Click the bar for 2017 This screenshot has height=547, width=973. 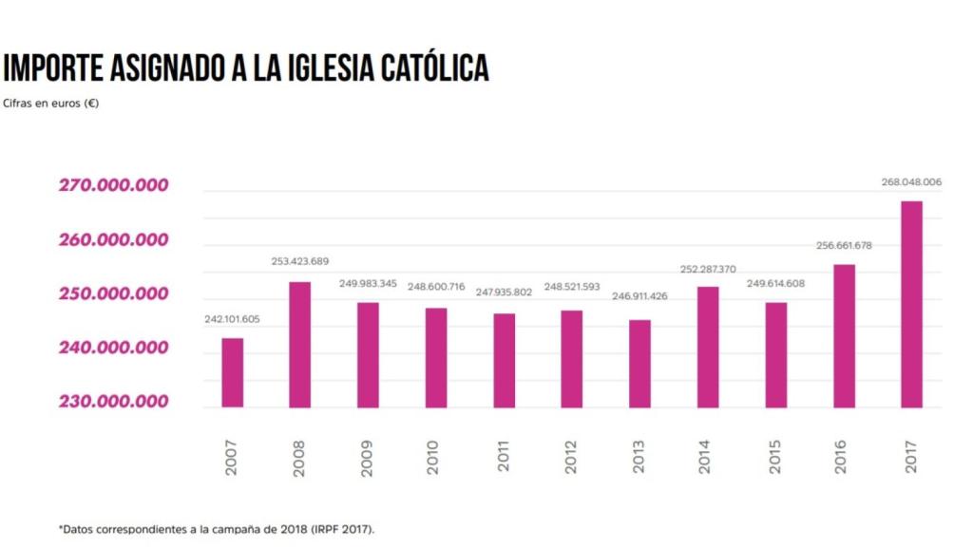911,304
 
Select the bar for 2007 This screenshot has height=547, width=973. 233,372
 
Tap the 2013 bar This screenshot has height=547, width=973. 640,364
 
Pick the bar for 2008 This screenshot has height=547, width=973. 299,345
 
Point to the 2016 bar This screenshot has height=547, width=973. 844,335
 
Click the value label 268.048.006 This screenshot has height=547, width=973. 911,181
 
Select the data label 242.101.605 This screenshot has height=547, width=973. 233,319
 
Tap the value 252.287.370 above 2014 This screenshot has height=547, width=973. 708,269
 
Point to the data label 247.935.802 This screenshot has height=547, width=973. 505,292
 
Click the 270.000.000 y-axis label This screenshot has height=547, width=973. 113,185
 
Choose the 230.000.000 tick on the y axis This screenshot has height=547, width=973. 113,402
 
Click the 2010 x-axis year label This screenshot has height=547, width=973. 436,457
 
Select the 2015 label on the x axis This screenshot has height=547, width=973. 775,457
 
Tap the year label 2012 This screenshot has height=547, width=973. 571,457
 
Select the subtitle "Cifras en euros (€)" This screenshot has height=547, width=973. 51,104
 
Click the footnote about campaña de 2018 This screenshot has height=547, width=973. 217,528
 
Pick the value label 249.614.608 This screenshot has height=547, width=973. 775,284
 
